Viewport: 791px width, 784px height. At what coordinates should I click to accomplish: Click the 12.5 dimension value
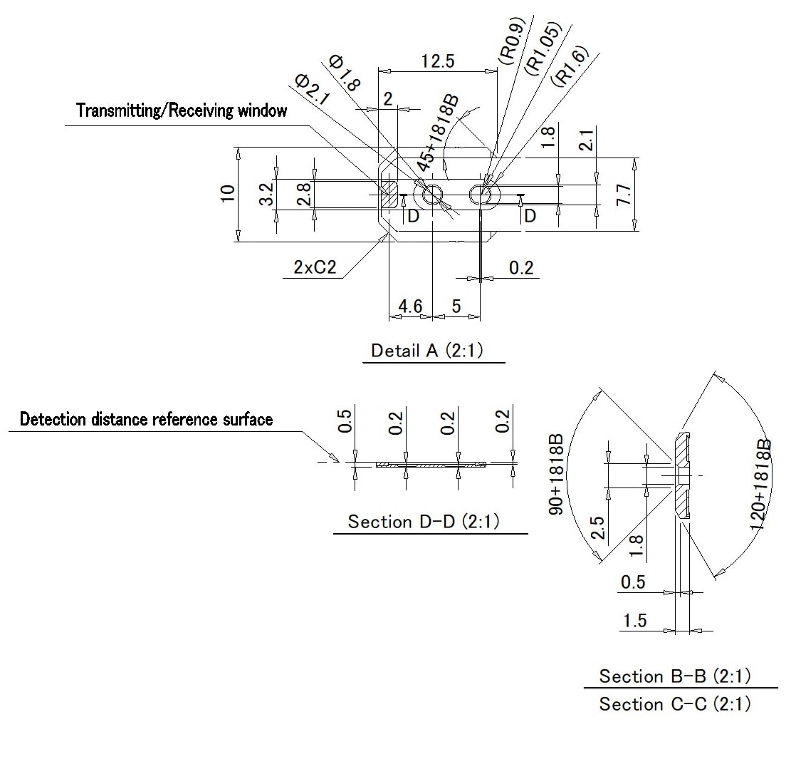click(437, 61)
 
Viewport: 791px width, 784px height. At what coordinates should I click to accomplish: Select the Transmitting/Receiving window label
click(182, 110)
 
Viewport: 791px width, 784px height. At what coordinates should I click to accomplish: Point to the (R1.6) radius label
click(572, 66)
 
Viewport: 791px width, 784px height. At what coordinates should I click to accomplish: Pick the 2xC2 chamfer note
click(314, 267)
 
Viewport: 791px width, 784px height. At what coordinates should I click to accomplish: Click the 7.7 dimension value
click(624, 194)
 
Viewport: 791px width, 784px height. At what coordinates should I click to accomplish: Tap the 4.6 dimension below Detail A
click(410, 306)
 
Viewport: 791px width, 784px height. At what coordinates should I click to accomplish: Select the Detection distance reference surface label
click(146, 419)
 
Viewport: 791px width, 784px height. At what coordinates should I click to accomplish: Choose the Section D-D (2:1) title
click(424, 522)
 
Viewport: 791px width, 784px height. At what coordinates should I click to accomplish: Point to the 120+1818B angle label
click(760, 485)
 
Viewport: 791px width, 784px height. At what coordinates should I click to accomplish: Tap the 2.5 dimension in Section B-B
click(597, 530)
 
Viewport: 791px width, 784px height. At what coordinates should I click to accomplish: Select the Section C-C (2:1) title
click(674, 704)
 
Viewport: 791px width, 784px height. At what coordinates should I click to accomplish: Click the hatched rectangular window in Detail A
click(389, 194)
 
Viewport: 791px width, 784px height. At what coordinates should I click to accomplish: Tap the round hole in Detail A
click(432, 195)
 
